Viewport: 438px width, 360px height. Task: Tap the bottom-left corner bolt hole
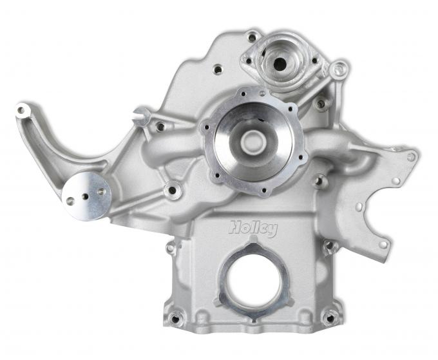pos(175,317)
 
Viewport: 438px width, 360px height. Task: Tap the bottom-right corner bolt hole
pos(329,317)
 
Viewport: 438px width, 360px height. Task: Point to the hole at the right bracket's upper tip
pos(411,156)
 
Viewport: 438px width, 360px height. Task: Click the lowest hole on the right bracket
pos(383,244)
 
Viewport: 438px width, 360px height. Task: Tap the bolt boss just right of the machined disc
pos(171,190)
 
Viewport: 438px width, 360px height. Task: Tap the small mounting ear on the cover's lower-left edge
pos(171,247)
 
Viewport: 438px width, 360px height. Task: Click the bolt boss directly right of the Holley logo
pos(330,246)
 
